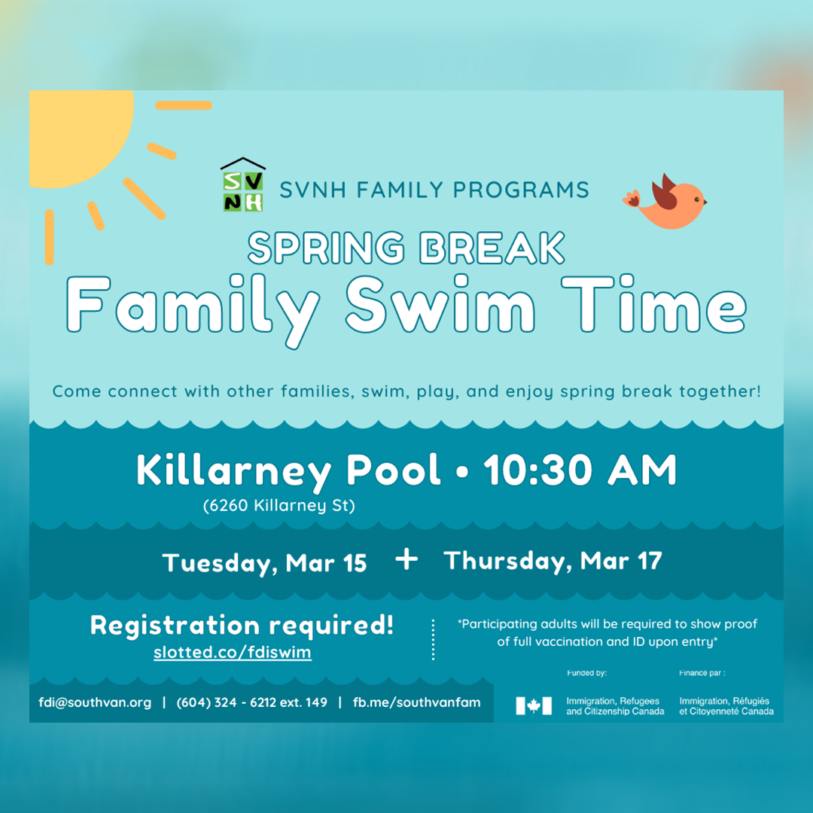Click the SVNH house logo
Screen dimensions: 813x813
click(242, 184)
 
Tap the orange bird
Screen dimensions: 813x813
click(665, 202)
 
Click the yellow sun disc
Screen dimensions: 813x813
click(78, 135)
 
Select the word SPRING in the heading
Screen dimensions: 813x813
click(326, 248)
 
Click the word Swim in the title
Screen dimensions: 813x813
click(440, 304)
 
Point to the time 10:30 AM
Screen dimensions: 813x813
click(580, 470)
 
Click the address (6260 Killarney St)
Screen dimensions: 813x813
click(279, 506)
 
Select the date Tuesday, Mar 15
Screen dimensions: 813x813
click(264, 564)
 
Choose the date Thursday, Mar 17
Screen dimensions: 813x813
click(553, 562)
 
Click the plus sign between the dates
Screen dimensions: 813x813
click(406, 560)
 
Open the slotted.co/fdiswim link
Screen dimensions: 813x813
click(233, 652)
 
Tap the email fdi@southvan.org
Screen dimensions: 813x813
click(95, 702)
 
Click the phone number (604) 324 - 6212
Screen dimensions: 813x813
click(227, 702)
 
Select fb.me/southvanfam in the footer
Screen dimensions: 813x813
click(416, 702)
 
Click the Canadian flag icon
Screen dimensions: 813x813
click(534, 705)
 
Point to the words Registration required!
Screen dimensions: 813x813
click(242, 626)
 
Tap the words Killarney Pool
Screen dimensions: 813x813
click(288, 470)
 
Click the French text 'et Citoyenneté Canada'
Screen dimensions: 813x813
click(726, 711)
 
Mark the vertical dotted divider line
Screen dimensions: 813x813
click(433, 639)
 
